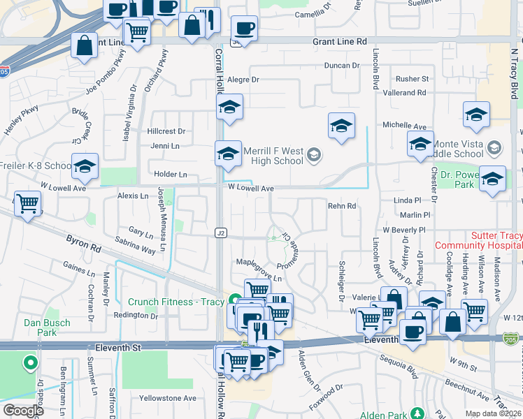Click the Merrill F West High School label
pos(273,156)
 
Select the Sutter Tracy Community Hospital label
pos(478,241)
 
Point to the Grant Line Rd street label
pos(340,42)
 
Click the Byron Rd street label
pos(84,243)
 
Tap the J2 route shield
pos(221,232)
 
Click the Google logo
pos(24,411)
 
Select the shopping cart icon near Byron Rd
pos(28,204)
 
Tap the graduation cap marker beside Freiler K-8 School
pos(85,166)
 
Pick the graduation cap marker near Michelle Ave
pos(341,126)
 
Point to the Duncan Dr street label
pos(341,66)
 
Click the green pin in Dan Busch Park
pos(30,363)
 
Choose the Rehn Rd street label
pos(342,206)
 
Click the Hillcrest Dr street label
pos(166,131)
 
